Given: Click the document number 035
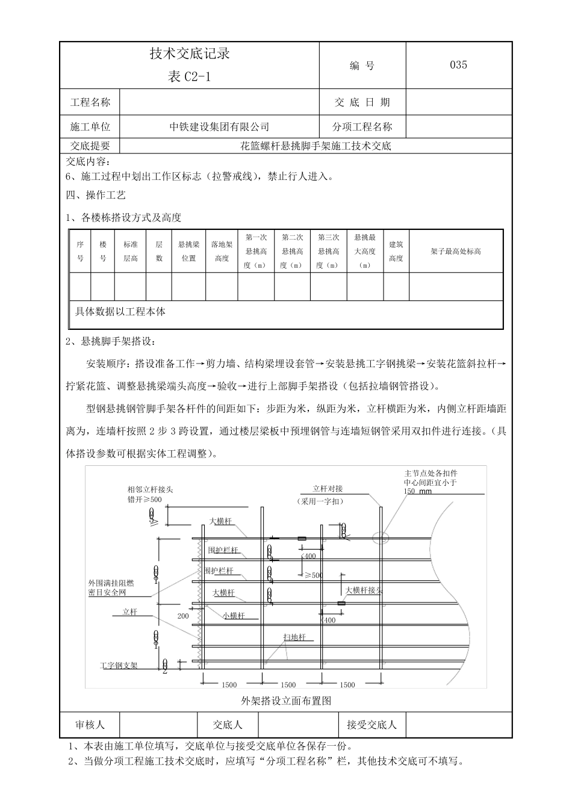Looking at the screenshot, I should pyautogui.click(x=458, y=65).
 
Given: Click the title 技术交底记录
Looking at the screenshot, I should pyautogui.click(x=190, y=54).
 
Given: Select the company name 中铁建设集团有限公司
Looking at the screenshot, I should pyautogui.click(x=219, y=127).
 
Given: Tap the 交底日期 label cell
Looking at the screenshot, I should pyautogui.click(x=362, y=102).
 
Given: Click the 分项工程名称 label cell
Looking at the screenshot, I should pyautogui.click(x=362, y=127).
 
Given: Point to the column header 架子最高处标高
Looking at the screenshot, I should pyautogui.click(x=456, y=252).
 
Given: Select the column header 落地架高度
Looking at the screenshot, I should pyautogui.click(x=222, y=252).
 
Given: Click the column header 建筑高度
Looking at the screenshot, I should pyautogui.click(x=396, y=252).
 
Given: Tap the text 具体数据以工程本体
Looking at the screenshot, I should pyautogui.click(x=120, y=312).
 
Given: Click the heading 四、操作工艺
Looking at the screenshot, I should pyautogui.click(x=96, y=195).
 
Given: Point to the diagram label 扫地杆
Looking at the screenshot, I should pyautogui.click(x=295, y=637).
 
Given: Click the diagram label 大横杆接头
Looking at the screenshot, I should pyautogui.click(x=364, y=590).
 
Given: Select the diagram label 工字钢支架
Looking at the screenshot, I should pyautogui.click(x=119, y=666).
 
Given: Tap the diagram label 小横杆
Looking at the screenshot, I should pyautogui.click(x=233, y=615).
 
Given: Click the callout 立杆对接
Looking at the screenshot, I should pyautogui.click(x=328, y=489).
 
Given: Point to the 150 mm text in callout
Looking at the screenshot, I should pyautogui.click(x=418, y=491).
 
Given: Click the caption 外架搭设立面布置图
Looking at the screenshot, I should pyautogui.click(x=286, y=701).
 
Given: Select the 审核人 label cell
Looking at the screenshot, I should pyautogui.click(x=90, y=725).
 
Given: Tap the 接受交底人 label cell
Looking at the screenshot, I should pyautogui.click(x=371, y=725).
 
